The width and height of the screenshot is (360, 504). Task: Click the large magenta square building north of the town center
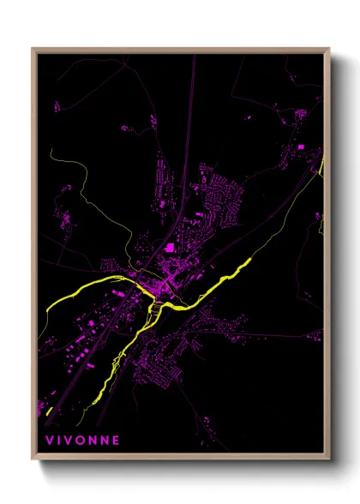tap(170, 248)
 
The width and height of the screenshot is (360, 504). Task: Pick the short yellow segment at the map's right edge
tap(321, 165)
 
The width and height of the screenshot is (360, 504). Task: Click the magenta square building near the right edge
tap(301, 148)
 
